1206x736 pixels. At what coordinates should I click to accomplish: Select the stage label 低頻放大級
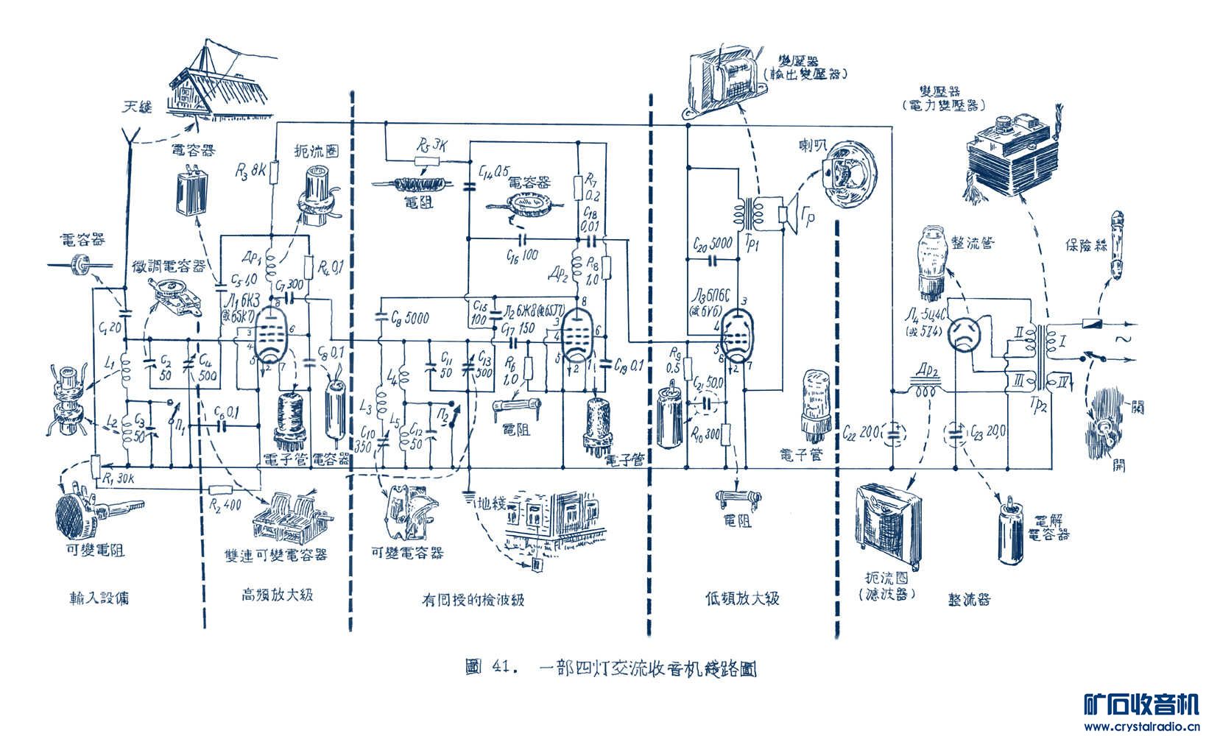tap(741, 598)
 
